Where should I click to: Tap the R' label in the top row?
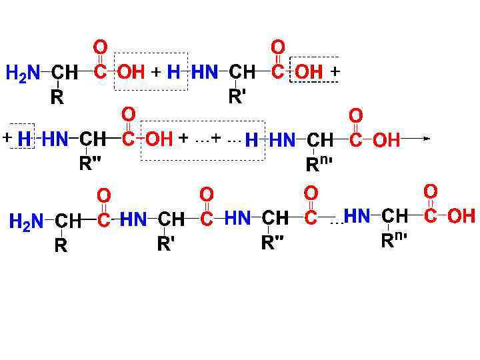(x=238, y=97)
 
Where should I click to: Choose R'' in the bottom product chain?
(x=272, y=243)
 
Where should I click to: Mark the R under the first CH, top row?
(x=58, y=98)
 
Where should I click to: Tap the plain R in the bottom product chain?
(x=61, y=246)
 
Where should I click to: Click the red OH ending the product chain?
(x=461, y=216)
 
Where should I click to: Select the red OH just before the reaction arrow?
(x=387, y=140)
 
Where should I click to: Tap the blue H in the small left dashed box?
(x=24, y=139)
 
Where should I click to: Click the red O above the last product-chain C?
(x=431, y=192)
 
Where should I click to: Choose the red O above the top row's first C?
(x=100, y=47)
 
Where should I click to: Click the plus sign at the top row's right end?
(x=335, y=71)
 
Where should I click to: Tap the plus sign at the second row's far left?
(x=7, y=138)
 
